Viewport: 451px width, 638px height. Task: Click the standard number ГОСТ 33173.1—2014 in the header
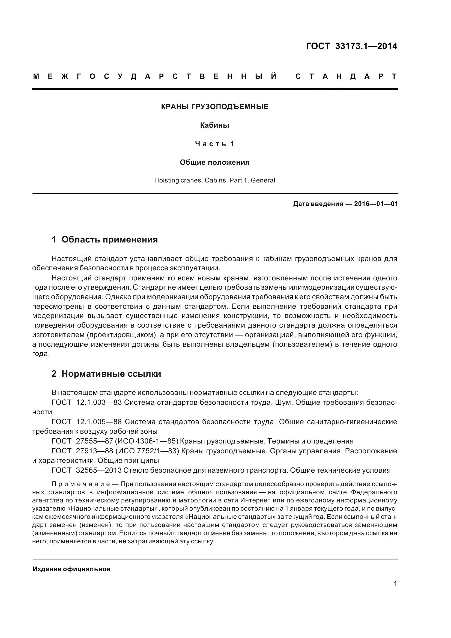point(351,46)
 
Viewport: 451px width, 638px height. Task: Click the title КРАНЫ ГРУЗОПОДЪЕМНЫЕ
point(214,107)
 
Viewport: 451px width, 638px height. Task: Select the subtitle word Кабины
point(214,125)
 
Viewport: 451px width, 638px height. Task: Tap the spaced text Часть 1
point(214,144)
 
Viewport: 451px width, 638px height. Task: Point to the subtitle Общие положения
point(214,162)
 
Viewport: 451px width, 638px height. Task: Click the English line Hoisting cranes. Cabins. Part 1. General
point(214,180)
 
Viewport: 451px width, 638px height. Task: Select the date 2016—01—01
point(376,204)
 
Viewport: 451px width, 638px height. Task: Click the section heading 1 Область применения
point(105,239)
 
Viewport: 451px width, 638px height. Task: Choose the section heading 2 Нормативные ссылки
point(106,374)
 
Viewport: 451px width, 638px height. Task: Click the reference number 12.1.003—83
point(99,402)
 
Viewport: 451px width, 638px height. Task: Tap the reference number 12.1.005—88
point(99,422)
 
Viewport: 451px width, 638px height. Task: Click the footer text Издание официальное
point(71,569)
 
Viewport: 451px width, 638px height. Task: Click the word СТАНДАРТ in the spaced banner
point(346,76)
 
